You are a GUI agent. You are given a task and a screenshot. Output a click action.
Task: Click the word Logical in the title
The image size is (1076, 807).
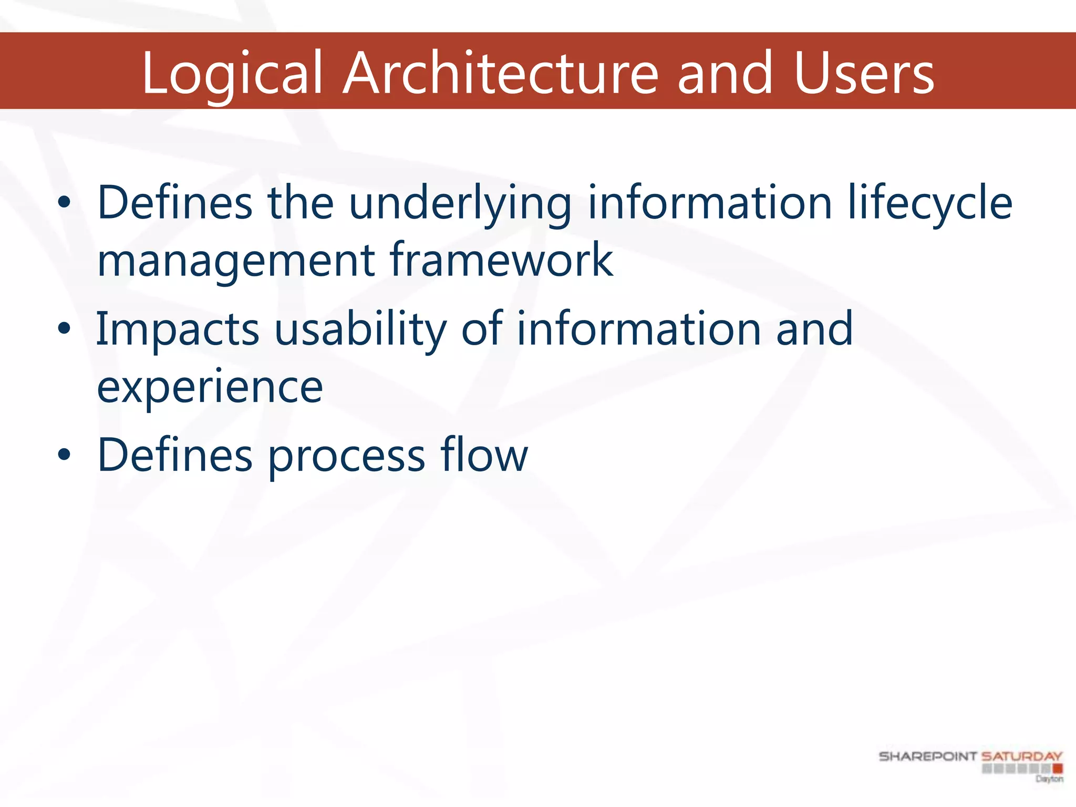tap(231, 74)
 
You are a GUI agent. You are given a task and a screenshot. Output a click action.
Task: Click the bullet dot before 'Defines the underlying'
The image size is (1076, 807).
tap(64, 203)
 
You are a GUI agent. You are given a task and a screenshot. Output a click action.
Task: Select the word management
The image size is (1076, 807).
tap(236, 261)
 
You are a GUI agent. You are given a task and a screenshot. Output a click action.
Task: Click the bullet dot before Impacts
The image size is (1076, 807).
tap(64, 329)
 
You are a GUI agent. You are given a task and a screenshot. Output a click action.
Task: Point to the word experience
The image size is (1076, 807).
tap(210, 388)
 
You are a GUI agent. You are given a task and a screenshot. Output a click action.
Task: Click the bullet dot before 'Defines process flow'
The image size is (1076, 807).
tap(64, 455)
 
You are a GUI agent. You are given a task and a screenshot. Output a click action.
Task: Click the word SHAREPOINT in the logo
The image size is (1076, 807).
tap(927, 757)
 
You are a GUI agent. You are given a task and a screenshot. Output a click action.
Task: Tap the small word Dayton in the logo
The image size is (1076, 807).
tap(1049, 779)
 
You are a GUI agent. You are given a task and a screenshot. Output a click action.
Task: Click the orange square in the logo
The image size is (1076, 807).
tap(1057, 769)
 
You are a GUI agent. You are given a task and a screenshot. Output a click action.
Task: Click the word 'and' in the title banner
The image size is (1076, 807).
tap(725, 74)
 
